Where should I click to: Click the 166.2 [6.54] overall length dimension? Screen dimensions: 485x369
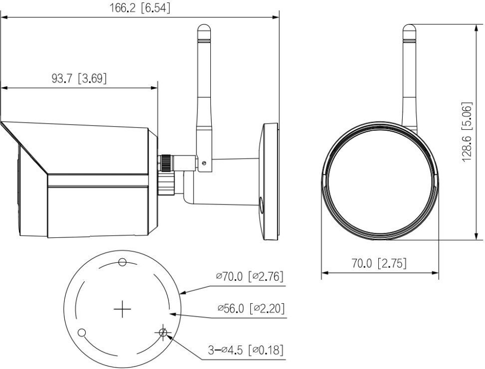140,8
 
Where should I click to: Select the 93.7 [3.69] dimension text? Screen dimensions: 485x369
79,78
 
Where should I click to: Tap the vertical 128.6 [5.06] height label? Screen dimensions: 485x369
467,131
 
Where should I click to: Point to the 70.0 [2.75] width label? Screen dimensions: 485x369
379,263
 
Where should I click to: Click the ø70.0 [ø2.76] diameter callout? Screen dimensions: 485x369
250,276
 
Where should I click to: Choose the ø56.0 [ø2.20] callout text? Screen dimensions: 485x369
251,308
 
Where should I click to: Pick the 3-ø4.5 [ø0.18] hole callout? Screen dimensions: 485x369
246,350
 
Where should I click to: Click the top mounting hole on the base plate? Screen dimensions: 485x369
123,262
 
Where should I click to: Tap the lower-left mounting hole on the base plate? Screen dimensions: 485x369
82,333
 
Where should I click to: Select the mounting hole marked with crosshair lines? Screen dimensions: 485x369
163,333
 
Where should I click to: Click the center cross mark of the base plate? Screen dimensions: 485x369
123,309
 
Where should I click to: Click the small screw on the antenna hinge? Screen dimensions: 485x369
203,163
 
